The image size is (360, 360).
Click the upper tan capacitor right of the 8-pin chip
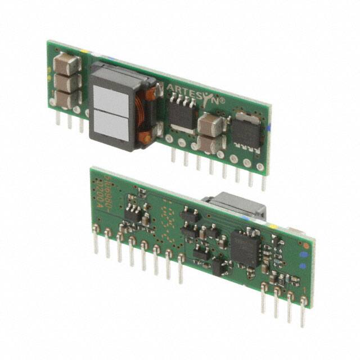pyautogui.click(x=210, y=124)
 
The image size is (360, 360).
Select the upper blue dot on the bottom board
pyautogui.click(x=304, y=255)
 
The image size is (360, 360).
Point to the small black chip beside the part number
pyautogui.click(x=133, y=212)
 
